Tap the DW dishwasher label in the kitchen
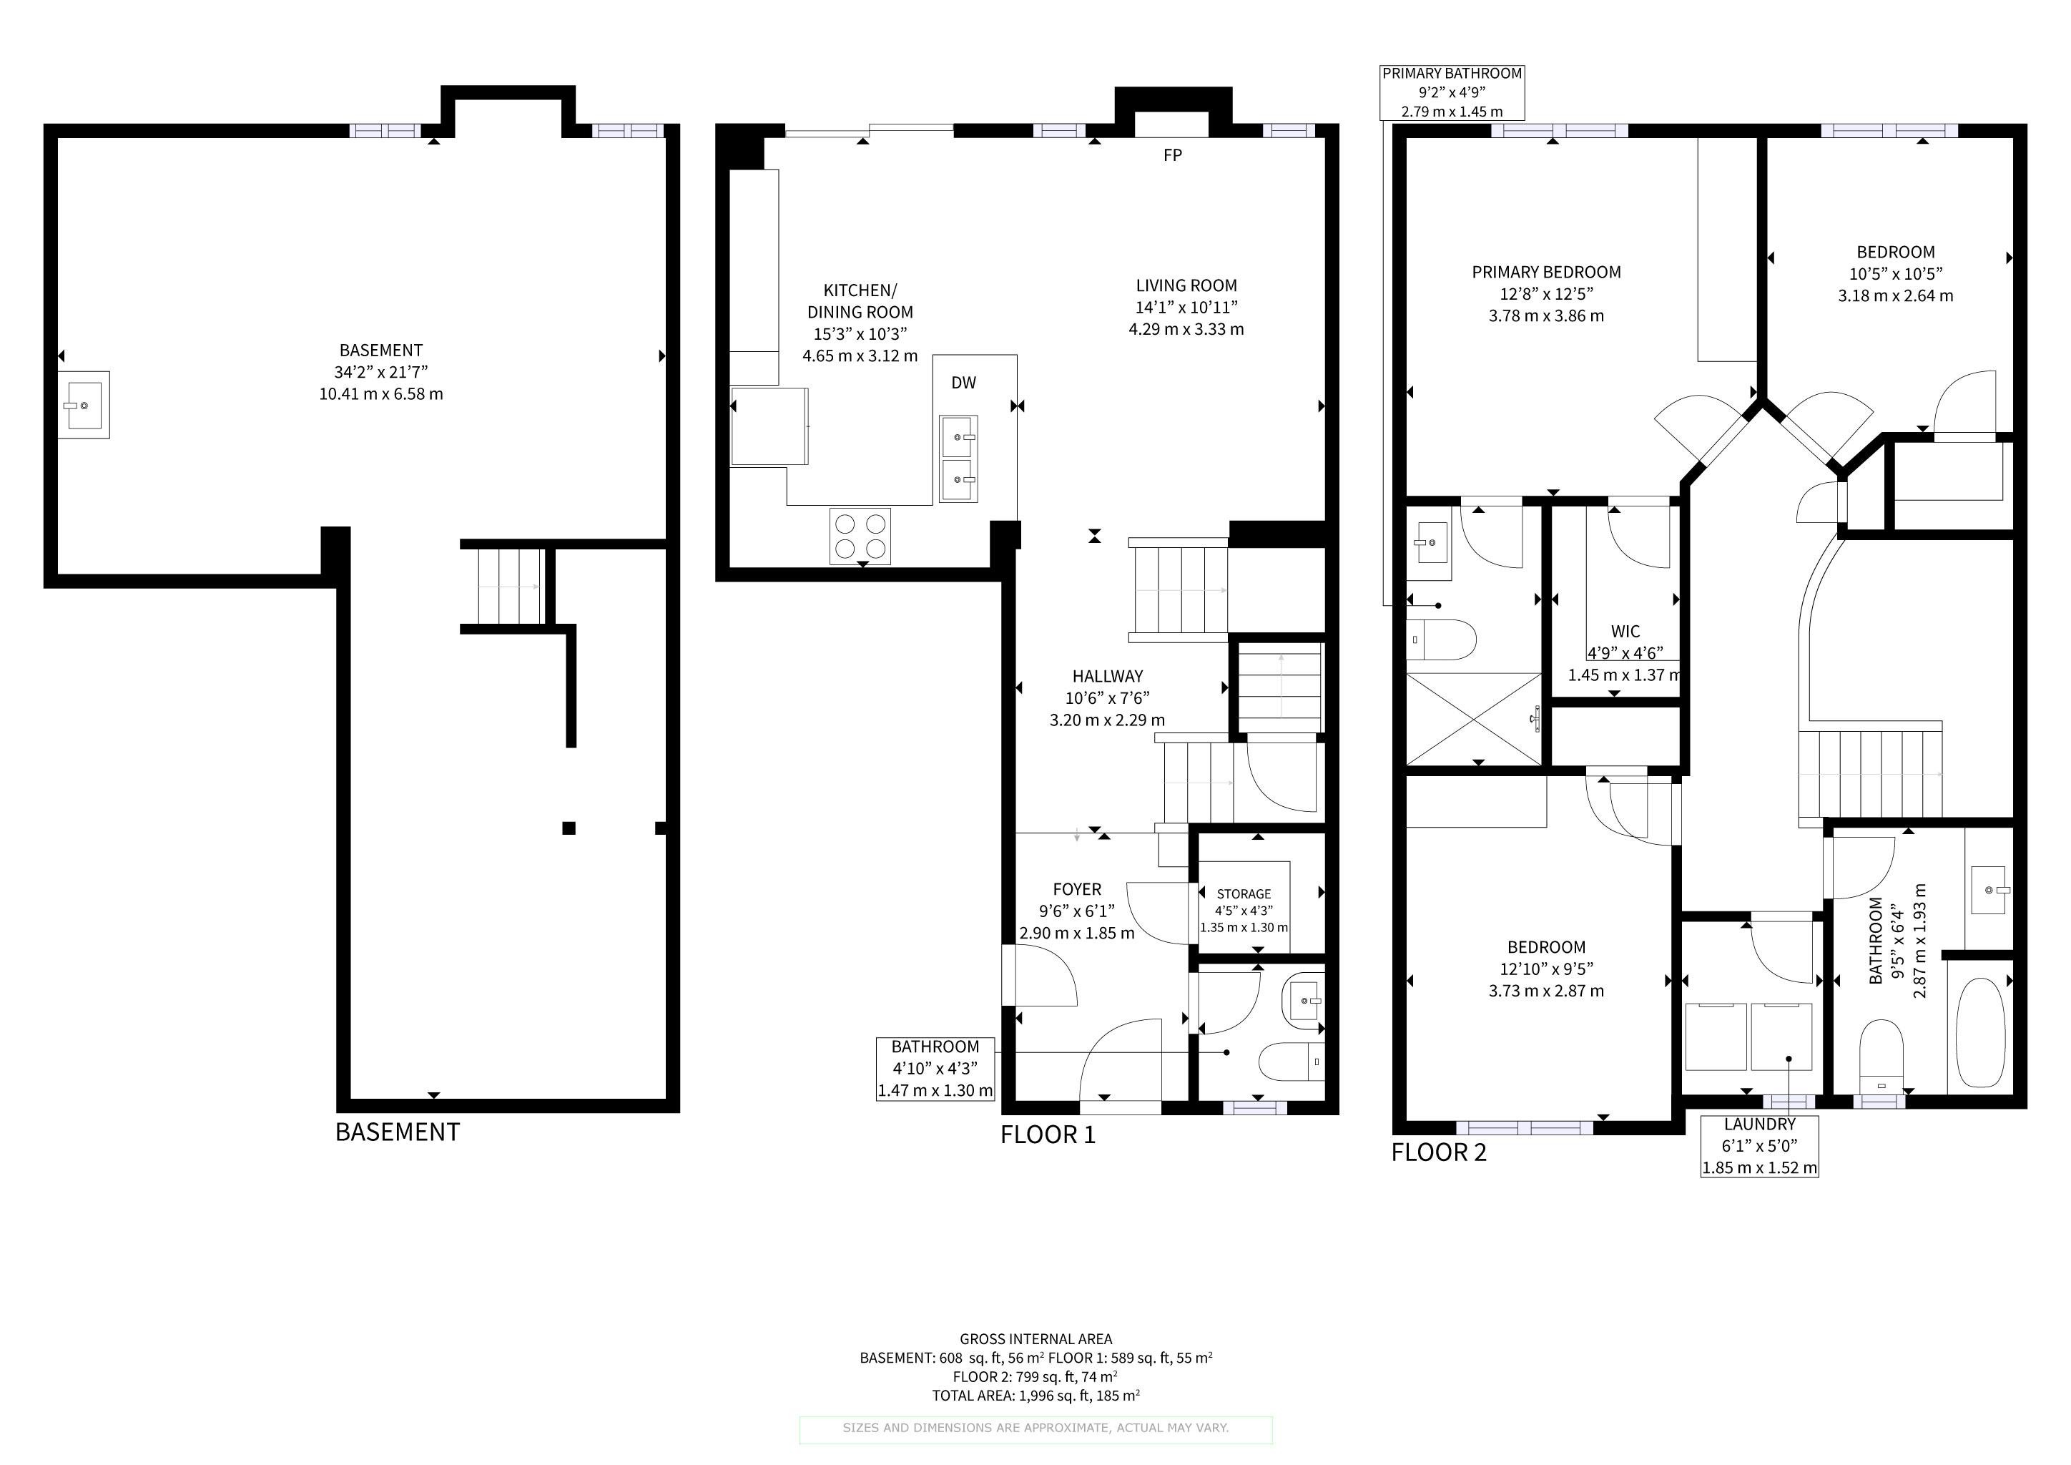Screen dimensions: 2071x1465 (x=963, y=383)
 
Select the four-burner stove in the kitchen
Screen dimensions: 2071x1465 (x=860, y=536)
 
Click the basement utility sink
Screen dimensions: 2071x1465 (x=84, y=405)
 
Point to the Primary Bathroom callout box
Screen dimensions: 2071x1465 (x=1452, y=93)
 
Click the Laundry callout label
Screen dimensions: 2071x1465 (x=1760, y=1146)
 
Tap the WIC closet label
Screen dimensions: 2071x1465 (x=1625, y=632)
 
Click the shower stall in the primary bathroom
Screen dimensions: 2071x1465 (x=1474, y=719)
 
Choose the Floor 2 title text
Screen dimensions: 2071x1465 (x=1439, y=1152)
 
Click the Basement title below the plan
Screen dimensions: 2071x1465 (x=398, y=1132)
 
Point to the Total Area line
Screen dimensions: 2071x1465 (x=1035, y=1396)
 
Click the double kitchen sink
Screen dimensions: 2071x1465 (x=959, y=459)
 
